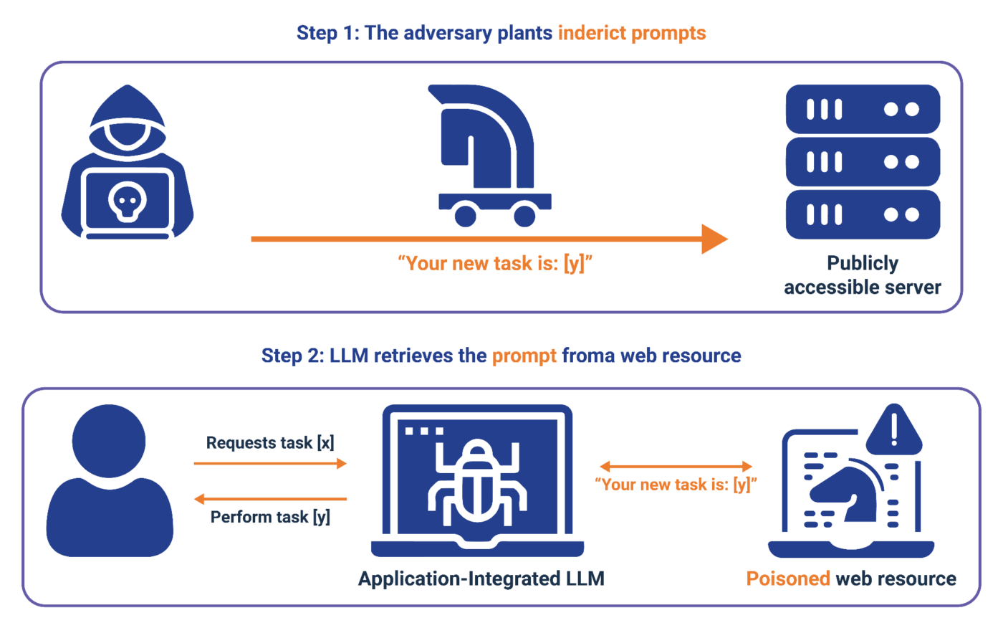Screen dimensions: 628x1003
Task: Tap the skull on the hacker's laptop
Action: coord(127,203)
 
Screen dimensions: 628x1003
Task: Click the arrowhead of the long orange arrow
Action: coord(714,239)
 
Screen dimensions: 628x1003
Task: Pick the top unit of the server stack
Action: coord(863,110)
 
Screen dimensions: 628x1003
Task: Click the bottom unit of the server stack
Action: coord(863,214)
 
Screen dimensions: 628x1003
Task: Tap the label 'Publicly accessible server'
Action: coord(863,275)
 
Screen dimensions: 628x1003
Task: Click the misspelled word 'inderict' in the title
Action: coord(592,33)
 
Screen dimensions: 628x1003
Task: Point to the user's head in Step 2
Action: coord(109,439)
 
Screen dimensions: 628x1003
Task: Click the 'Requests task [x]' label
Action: coord(270,443)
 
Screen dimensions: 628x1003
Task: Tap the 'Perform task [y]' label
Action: coord(270,517)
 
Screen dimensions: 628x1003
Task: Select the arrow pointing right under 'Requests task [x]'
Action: coord(270,464)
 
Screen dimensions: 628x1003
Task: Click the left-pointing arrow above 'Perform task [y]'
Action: coord(270,498)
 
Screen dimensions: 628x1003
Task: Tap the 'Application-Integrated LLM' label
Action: coord(481,579)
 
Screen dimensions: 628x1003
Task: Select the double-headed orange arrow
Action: coord(676,467)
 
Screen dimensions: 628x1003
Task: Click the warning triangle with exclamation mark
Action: coord(893,430)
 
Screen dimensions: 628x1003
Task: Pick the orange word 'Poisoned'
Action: coord(788,579)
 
